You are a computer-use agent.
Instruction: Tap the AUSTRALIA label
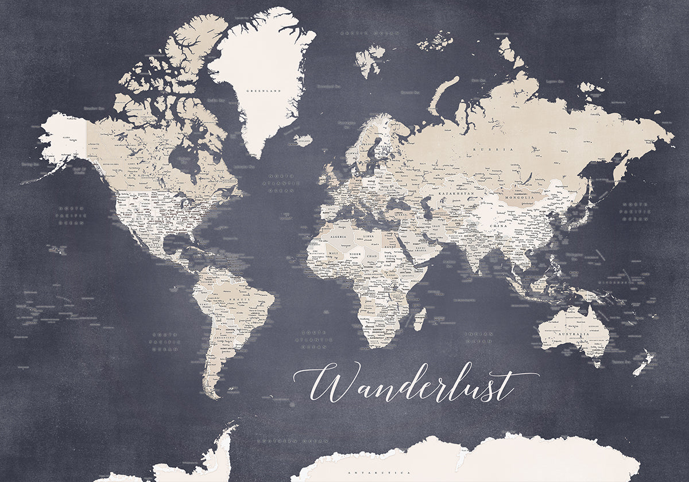[x=575, y=333]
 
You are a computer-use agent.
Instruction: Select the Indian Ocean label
[x=479, y=337]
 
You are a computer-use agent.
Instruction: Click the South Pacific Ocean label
[x=166, y=341]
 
